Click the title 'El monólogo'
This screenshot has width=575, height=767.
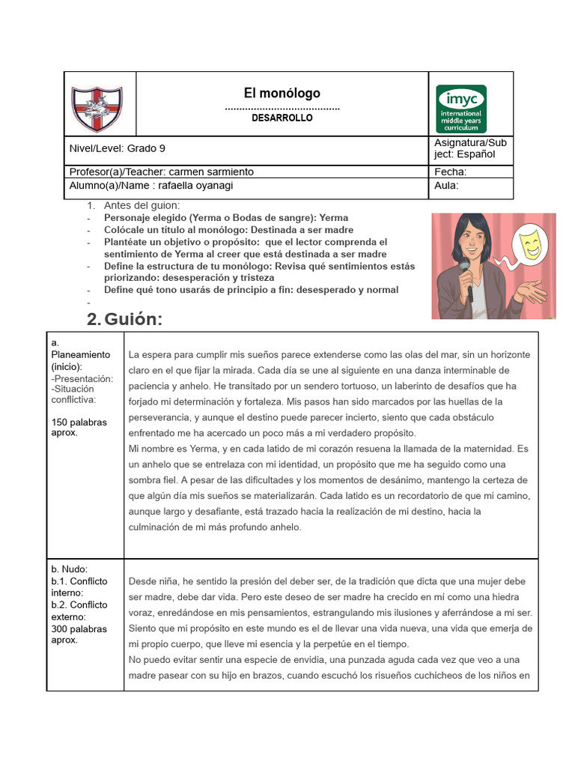282,93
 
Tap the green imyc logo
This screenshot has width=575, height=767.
460,108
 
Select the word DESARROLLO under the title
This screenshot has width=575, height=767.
282,118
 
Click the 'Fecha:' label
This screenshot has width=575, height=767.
450,172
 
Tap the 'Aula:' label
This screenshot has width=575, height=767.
447,186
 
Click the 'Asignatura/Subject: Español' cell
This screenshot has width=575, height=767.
470,148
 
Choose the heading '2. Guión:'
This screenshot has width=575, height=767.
124,319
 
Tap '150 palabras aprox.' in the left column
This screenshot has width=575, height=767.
79,427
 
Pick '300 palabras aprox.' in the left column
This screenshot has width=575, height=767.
79,634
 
